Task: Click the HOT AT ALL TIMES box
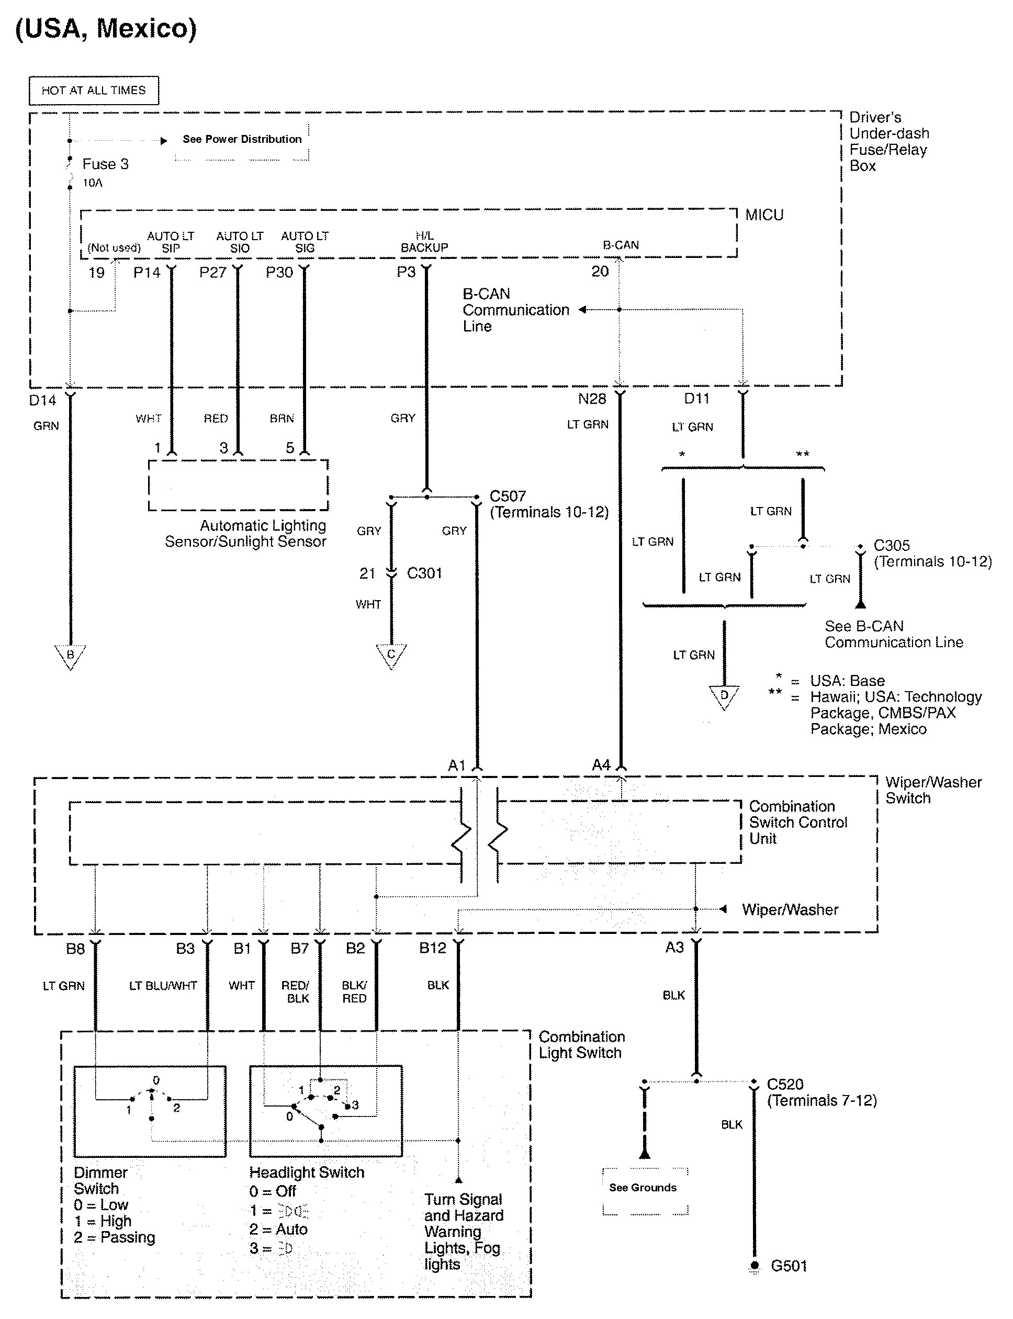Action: (x=94, y=91)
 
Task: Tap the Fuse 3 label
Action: (x=105, y=164)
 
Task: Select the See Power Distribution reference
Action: (x=242, y=139)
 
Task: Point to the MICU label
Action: (x=764, y=215)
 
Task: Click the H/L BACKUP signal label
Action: (x=424, y=242)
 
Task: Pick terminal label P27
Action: (x=212, y=273)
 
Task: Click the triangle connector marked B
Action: (x=70, y=655)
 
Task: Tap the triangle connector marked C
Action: (x=391, y=655)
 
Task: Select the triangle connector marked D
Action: (x=724, y=696)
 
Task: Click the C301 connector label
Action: (x=424, y=573)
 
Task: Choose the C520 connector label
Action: (x=785, y=1085)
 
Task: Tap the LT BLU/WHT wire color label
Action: (x=163, y=986)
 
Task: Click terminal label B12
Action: (x=432, y=948)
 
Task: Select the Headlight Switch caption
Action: (x=307, y=1173)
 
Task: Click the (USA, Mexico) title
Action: (x=106, y=28)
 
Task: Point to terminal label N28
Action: (x=591, y=399)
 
